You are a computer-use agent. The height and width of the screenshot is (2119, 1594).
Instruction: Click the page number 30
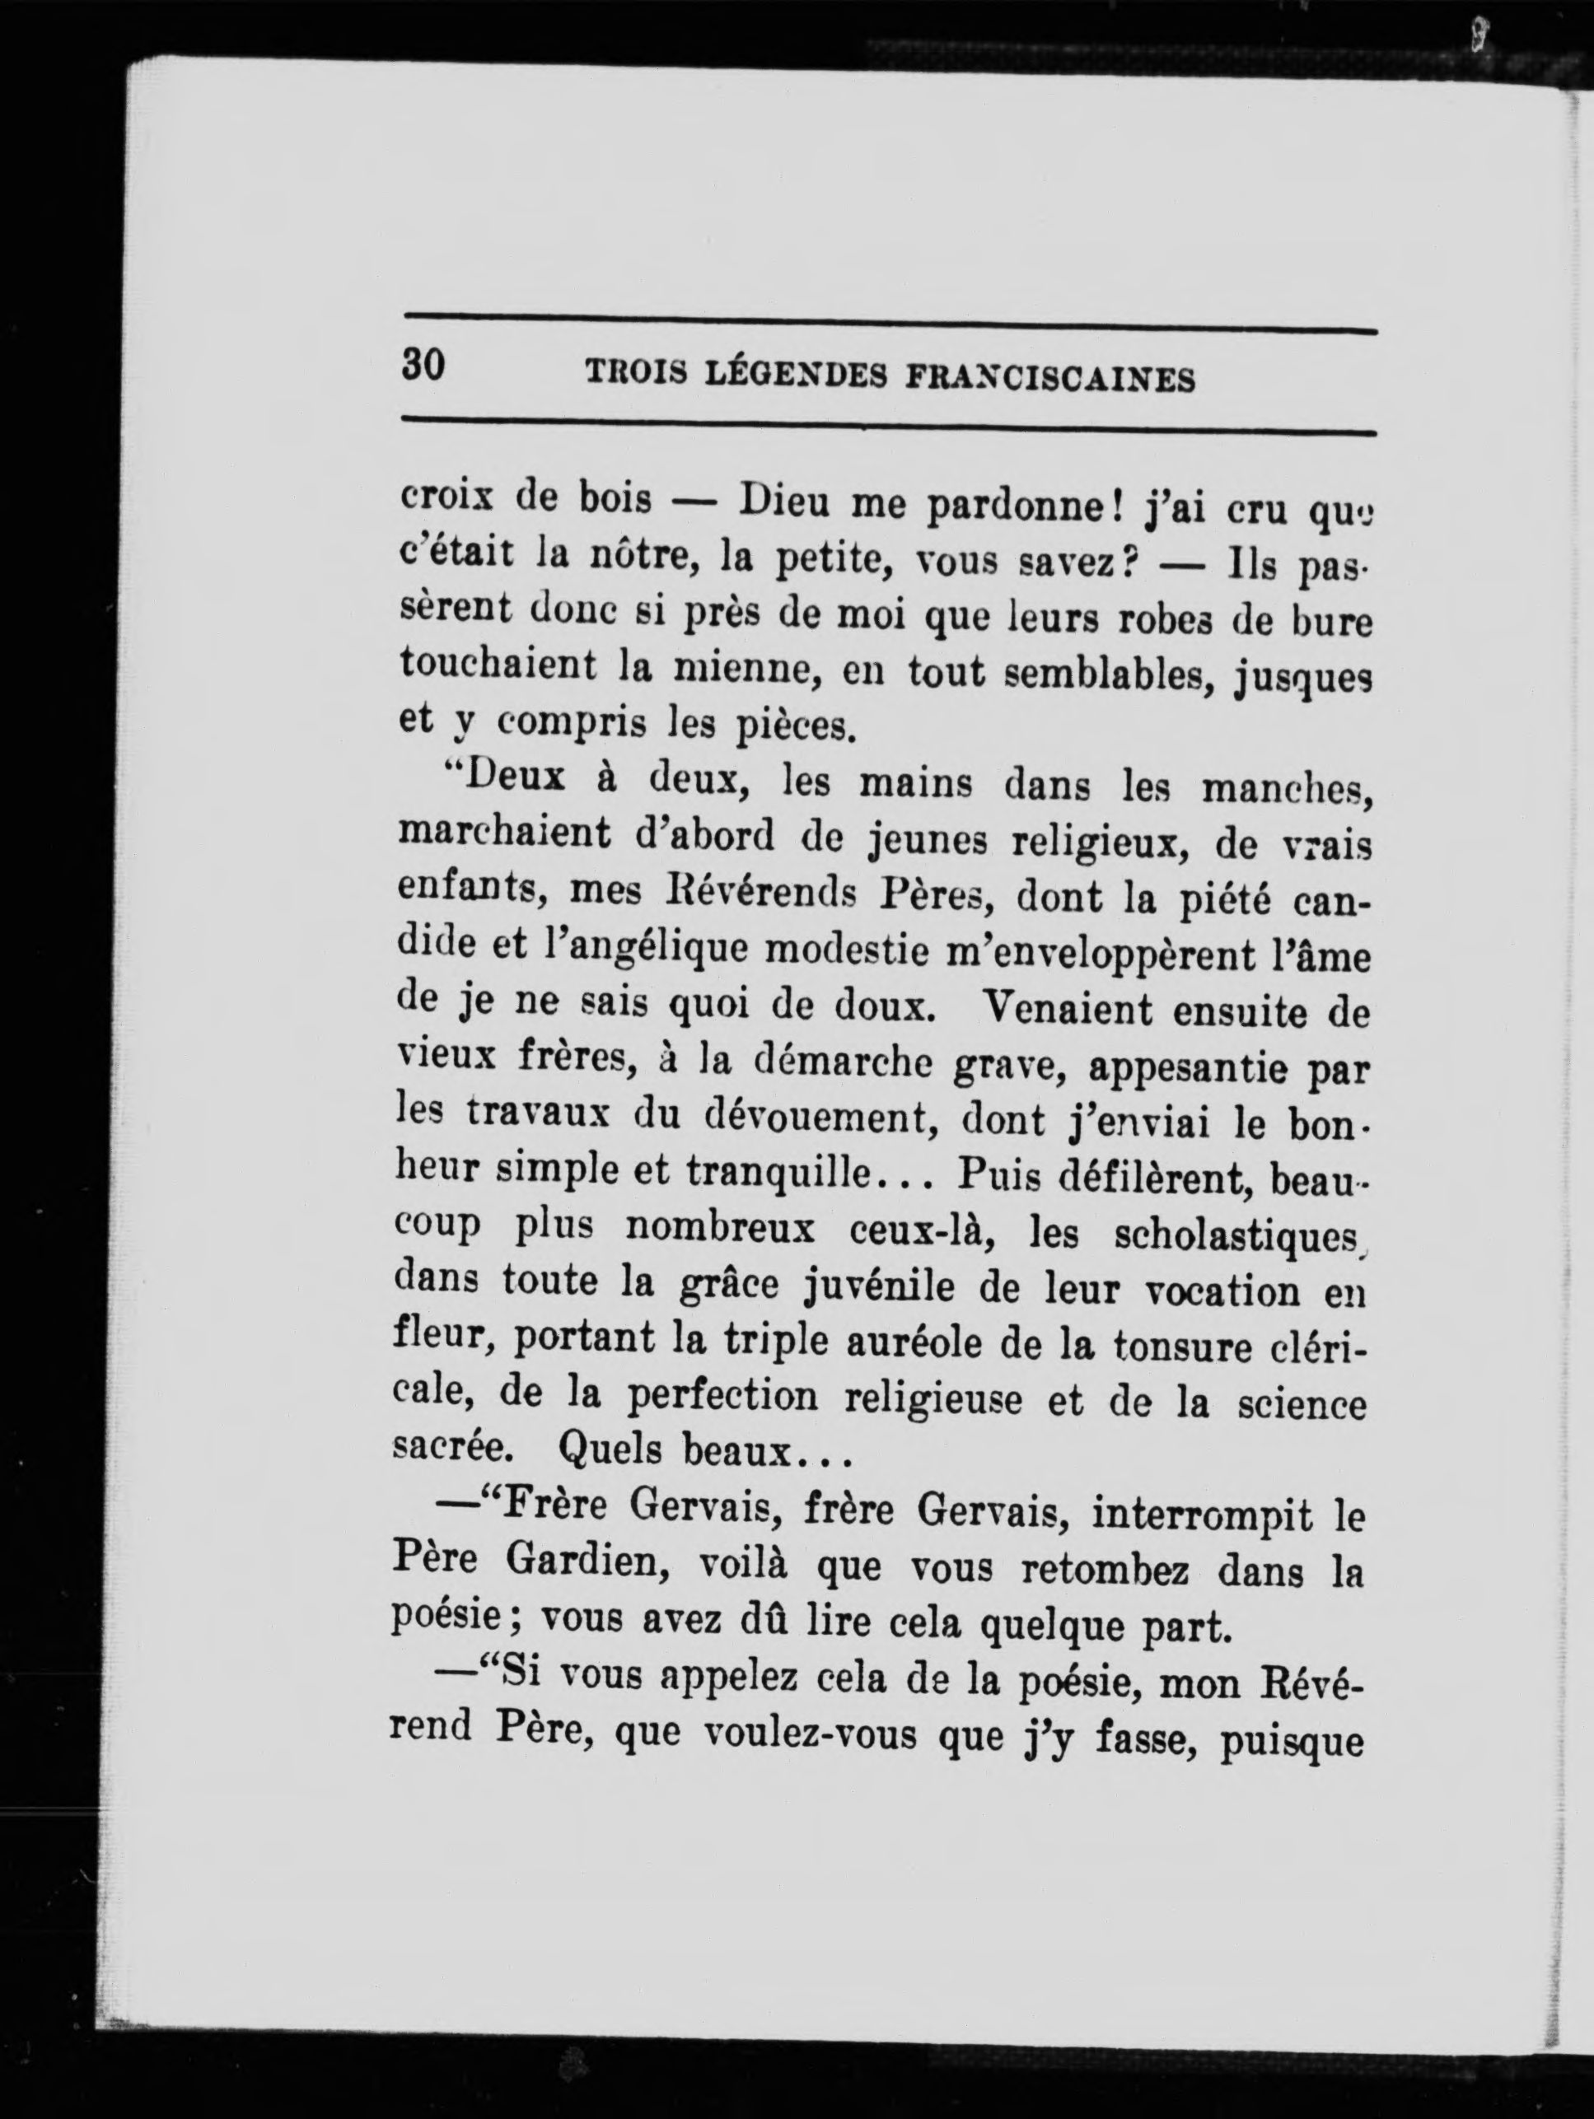coord(423,365)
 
